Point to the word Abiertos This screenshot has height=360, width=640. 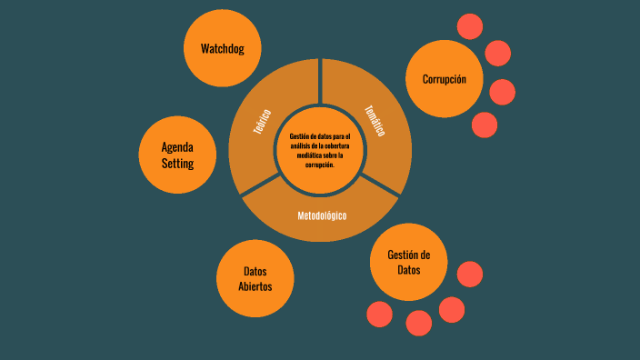[x=255, y=286]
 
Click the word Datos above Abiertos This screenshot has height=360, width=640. [x=255, y=271]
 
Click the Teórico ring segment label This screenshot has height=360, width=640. [x=263, y=123]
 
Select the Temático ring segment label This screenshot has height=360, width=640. [x=375, y=121]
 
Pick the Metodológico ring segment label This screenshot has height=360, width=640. [x=321, y=215]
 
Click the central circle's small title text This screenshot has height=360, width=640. [x=319, y=150]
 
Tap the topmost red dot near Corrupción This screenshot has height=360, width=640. [x=470, y=26]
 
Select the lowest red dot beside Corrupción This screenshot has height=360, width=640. [x=485, y=124]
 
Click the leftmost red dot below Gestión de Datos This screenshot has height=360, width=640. [x=380, y=315]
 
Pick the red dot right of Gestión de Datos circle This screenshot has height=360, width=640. [x=469, y=274]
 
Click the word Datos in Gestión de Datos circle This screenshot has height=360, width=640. [x=409, y=270]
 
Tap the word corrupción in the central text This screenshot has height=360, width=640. [x=319, y=165]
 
